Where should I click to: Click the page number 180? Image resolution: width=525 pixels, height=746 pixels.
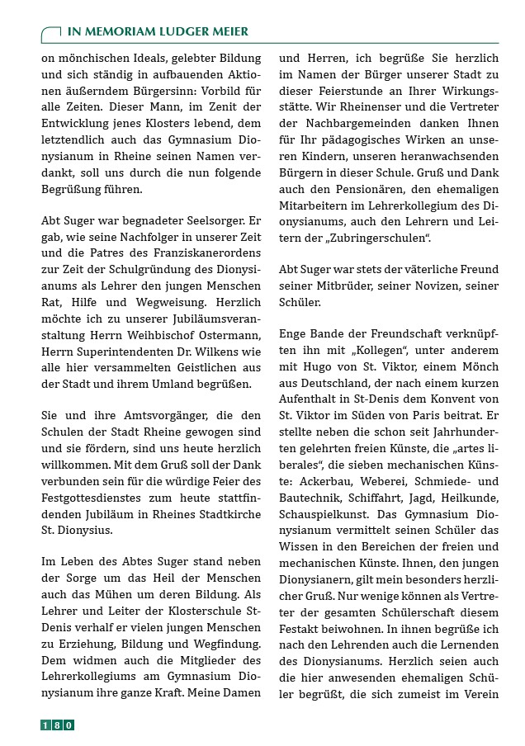pyautogui.click(x=58, y=725)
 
